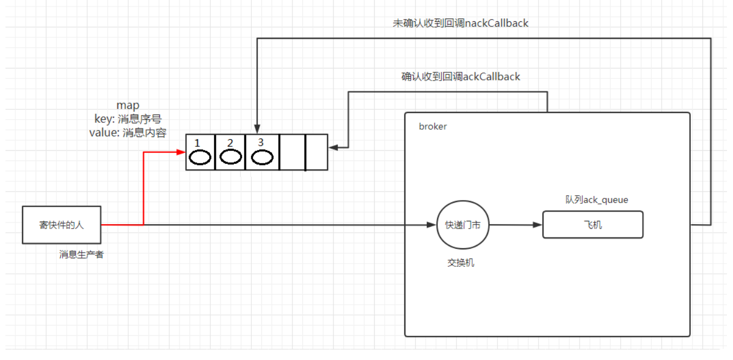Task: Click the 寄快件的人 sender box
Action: click(x=61, y=225)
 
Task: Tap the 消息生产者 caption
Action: click(x=82, y=254)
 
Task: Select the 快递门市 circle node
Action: click(x=462, y=225)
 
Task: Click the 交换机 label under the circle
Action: click(x=461, y=263)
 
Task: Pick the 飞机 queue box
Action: click(x=592, y=225)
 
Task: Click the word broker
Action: click(x=433, y=127)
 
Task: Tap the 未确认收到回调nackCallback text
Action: click(x=460, y=23)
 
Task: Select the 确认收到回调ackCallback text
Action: click(x=460, y=77)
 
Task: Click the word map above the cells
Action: click(x=128, y=105)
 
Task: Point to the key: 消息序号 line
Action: click(x=128, y=119)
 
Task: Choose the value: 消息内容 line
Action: click(x=127, y=133)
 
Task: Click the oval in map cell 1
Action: click(x=201, y=157)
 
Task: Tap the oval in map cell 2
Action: click(x=231, y=157)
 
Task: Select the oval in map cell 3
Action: click(x=262, y=157)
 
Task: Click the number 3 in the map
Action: click(x=261, y=142)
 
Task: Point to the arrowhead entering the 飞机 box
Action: click(x=538, y=225)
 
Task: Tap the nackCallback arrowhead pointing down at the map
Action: click(x=256, y=129)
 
